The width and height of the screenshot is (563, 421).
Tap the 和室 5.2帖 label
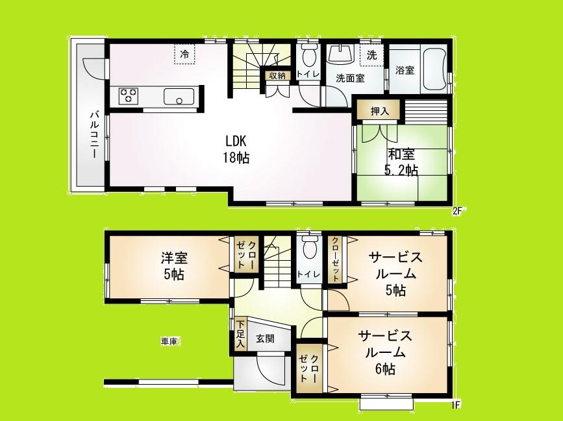tap(403, 162)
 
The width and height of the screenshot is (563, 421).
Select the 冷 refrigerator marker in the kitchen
tap(185, 54)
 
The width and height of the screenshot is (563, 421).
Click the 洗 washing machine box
tap(371, 56)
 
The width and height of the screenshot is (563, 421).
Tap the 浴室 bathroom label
tap(405, 70)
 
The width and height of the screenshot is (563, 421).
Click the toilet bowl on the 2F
tap(308, 54)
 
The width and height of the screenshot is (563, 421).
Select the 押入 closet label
tap(379, 112)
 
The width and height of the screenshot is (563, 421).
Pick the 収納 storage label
tap(277, 76)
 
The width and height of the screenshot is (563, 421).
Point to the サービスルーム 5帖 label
tap(395, 274)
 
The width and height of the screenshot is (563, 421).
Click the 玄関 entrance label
tap(264, 338)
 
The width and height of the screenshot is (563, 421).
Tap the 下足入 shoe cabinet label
tap(240, 333)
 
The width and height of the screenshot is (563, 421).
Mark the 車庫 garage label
tap(169, 340)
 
